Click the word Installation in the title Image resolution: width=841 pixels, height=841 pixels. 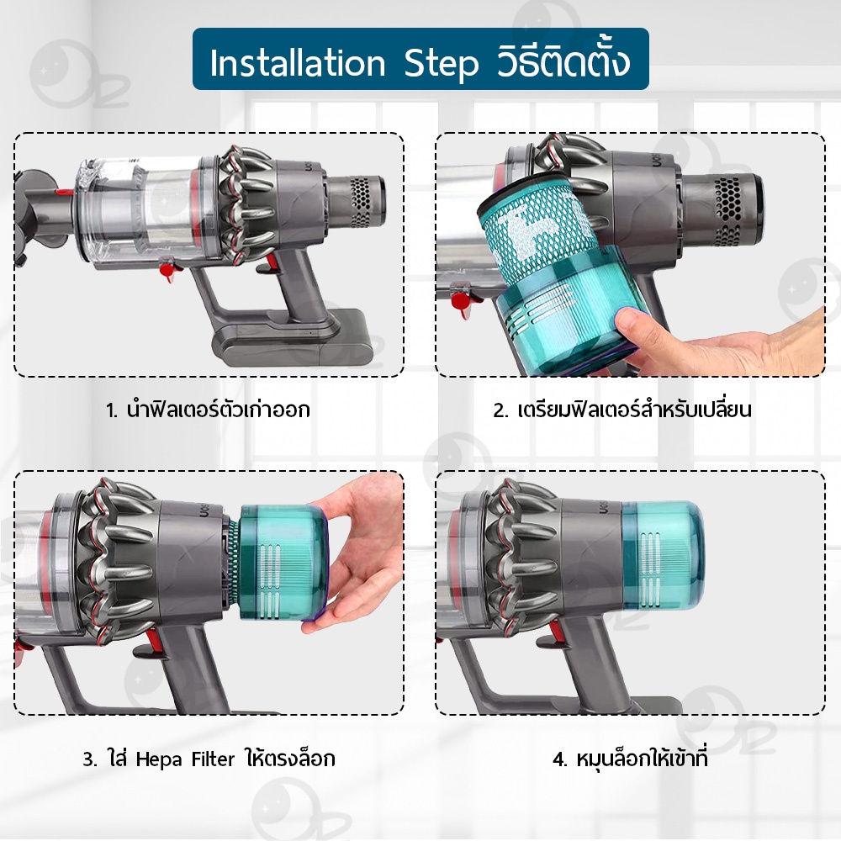tap(298, 63)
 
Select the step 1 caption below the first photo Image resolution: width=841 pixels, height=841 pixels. tap(208, 410)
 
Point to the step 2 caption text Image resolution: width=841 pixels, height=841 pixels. tap(622, 409)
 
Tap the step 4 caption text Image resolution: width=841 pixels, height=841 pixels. tap(630, 758)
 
